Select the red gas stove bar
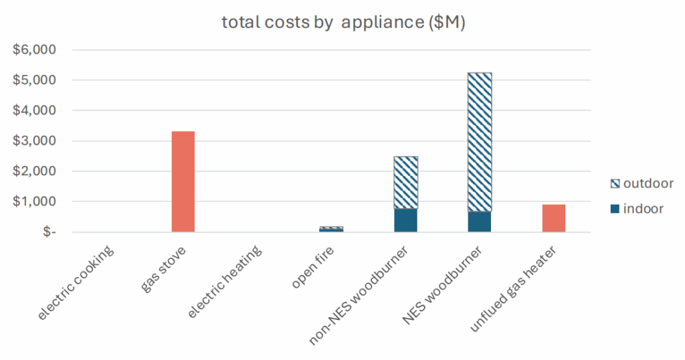(183, 181)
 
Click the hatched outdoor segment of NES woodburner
(480, 142)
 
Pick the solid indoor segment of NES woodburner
(480, 221)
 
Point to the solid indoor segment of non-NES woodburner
(406, 220)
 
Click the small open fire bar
(332, 229)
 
